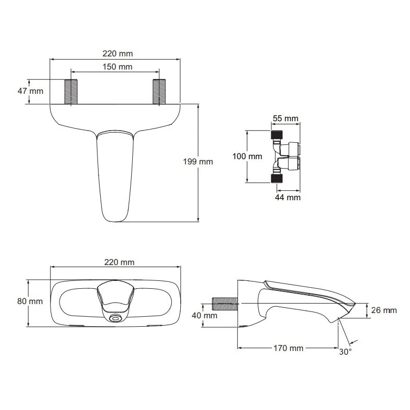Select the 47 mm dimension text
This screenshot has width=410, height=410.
30,91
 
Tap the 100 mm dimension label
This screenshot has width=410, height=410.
248,156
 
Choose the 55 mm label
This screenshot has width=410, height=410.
285,118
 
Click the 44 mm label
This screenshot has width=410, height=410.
287,197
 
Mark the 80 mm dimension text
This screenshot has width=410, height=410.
30,301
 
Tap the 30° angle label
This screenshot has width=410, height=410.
346,352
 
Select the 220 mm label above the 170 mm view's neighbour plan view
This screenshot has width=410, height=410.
116,262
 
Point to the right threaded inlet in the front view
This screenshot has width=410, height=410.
158,92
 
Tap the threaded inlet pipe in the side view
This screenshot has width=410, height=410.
224,304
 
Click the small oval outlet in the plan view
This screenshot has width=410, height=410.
115,318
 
